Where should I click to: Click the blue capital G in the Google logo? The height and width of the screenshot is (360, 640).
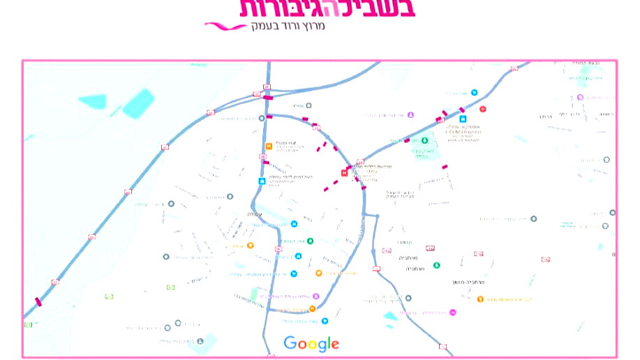(x=290, y=343)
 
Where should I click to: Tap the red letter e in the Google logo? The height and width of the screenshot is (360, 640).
(x=336, y=344)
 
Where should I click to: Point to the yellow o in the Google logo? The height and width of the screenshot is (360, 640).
(x=312, y=344)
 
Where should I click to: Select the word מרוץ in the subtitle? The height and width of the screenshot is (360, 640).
(x=314, y=26)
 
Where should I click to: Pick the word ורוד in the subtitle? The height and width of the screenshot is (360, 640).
(x=289, y=26)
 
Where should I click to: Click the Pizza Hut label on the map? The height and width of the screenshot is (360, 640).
(x=282, y=141)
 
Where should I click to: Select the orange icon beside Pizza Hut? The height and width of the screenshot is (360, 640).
(x=269, y=147)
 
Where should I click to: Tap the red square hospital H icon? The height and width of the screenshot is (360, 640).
(x=344, y=172)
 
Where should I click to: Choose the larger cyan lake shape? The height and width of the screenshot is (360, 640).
(x=137, y=103)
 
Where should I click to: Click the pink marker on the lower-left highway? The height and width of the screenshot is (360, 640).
(x=38, y=302)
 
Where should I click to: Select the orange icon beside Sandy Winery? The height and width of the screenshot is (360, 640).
(x=480, y=299)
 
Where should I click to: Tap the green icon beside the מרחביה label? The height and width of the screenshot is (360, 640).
(x=437, y=265)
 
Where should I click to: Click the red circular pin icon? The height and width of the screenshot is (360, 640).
(x=482, y=109)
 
